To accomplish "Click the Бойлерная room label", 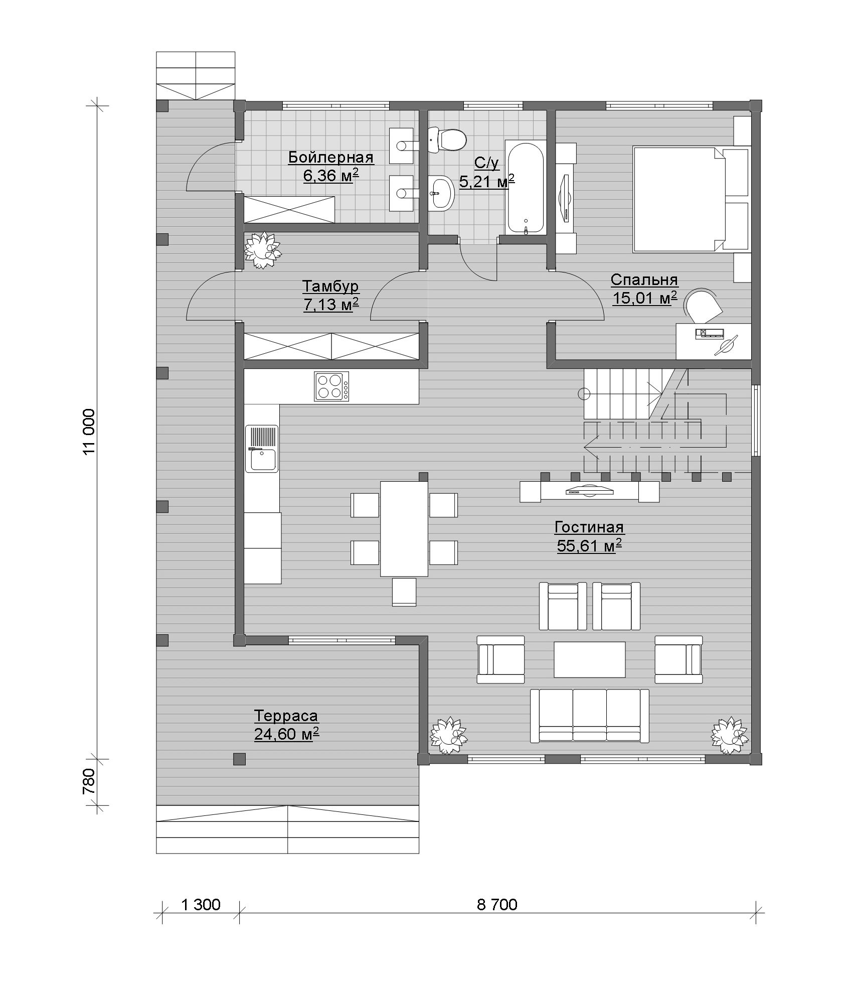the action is [330, 158].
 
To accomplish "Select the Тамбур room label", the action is [330, 287].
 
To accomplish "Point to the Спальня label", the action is [644, 279].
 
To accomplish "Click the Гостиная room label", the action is [589, 527].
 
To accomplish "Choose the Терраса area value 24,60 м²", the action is [286, 734].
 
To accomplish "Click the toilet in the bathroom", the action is [447, 140].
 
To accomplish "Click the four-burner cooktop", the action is [331, 386].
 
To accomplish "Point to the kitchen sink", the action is [261, 449].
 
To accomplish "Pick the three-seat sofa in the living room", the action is [589, 716].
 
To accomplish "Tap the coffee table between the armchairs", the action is [589, 659].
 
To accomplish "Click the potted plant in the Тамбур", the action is [261, 249].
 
